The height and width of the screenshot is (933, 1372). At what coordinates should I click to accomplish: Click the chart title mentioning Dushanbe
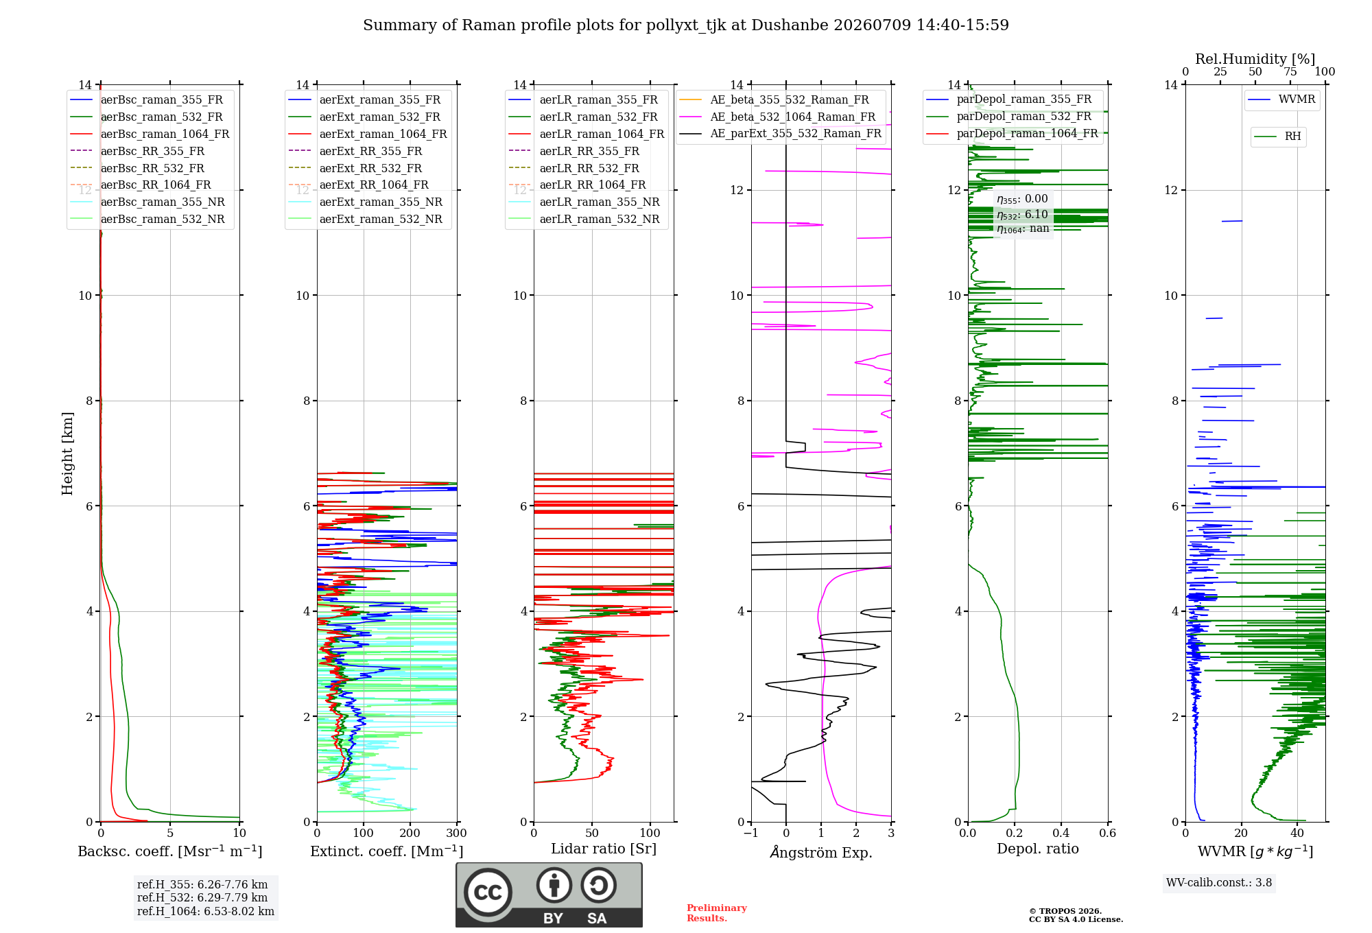click(x=686, y=25)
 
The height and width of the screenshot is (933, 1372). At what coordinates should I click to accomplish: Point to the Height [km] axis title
click(x=67, y=453)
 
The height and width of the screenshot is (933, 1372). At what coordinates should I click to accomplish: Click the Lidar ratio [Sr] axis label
click(x=604, y=849)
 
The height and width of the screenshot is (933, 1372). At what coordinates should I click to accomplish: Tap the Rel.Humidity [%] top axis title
click(x=1255, y=59)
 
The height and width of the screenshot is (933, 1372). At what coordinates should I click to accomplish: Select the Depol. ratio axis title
click(x=1038, y=849)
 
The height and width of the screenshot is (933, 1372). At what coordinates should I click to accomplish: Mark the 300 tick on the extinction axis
click(x=456, y=833)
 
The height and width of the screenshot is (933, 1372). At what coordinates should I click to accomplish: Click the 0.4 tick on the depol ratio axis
click(x=1061, y=833)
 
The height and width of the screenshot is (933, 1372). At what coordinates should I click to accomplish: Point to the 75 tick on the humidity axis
click(x=1290, y=71)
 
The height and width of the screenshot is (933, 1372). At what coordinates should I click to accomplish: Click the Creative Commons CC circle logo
click(x=488, y=893)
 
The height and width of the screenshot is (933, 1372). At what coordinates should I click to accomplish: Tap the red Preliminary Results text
click(x=717, y=913)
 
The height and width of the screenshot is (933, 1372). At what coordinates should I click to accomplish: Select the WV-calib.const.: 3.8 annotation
click(x=1219, y=883)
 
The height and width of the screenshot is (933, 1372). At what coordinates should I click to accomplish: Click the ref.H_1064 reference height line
click(x=206, y=911)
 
